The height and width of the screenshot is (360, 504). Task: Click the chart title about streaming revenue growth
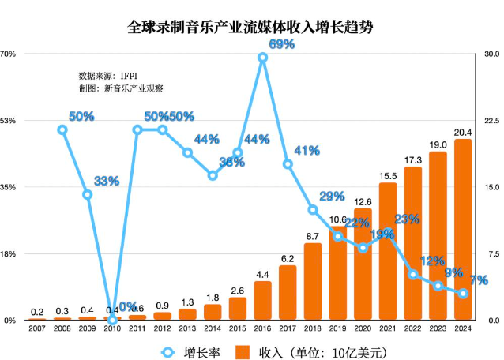pyautogui.click(x=251, y=27)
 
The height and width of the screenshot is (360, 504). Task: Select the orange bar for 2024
pyautogui.click(x=463, y=230)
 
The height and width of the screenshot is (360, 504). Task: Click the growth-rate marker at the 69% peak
pyautogui.click(x=263, y=57)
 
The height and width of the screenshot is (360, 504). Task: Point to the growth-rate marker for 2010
pyautogui.click(x=112, y=320)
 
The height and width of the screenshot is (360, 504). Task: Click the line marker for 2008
pyautogui.click(x=62, y=129)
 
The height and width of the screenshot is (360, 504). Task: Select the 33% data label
pyautogui.click(x=106, y=181)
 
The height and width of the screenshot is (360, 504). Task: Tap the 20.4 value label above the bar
pyautogui.click(x=463, y=133)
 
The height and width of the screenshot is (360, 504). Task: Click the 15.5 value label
pyautogui.click(x=387, y=176)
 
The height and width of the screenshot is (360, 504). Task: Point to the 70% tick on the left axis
pyautogui.click(x=9, y=54)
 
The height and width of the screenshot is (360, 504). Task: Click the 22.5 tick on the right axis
pyautogui.click(x=491, y=120)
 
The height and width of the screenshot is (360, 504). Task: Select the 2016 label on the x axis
pyautogui.click(x=262, y=328)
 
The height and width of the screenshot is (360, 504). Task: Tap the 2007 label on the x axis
pyautogui.click(x=37, y=328)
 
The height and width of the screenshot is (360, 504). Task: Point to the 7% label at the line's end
pyautogui.click(x=477, y=280)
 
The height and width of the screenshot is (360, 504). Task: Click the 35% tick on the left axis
pyautogui.click(x=9, y=187)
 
